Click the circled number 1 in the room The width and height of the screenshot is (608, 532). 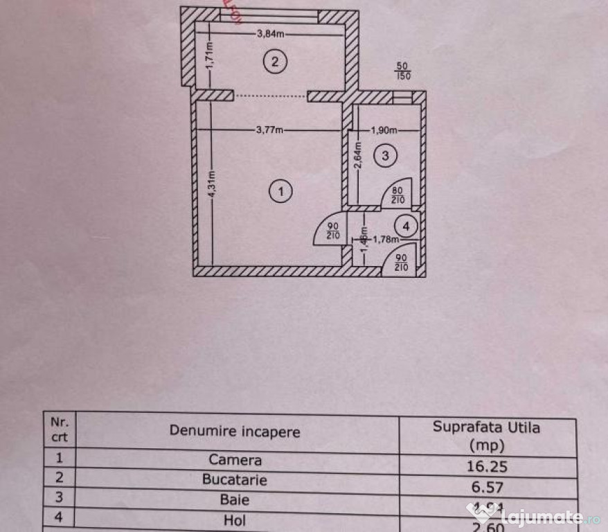(280, 191)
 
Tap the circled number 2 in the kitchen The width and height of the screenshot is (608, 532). (275, 62)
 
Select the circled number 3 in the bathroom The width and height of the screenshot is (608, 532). (386, 156)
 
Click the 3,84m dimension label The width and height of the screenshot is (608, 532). (271, 33)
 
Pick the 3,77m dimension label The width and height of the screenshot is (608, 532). (269, 129)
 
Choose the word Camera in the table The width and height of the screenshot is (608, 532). (235, 460)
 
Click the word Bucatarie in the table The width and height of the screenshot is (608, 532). (235, 479)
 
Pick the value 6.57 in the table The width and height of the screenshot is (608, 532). (488, 488)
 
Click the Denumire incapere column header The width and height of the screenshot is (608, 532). (235, 432)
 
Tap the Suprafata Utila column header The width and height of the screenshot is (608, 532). (487, 427)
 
